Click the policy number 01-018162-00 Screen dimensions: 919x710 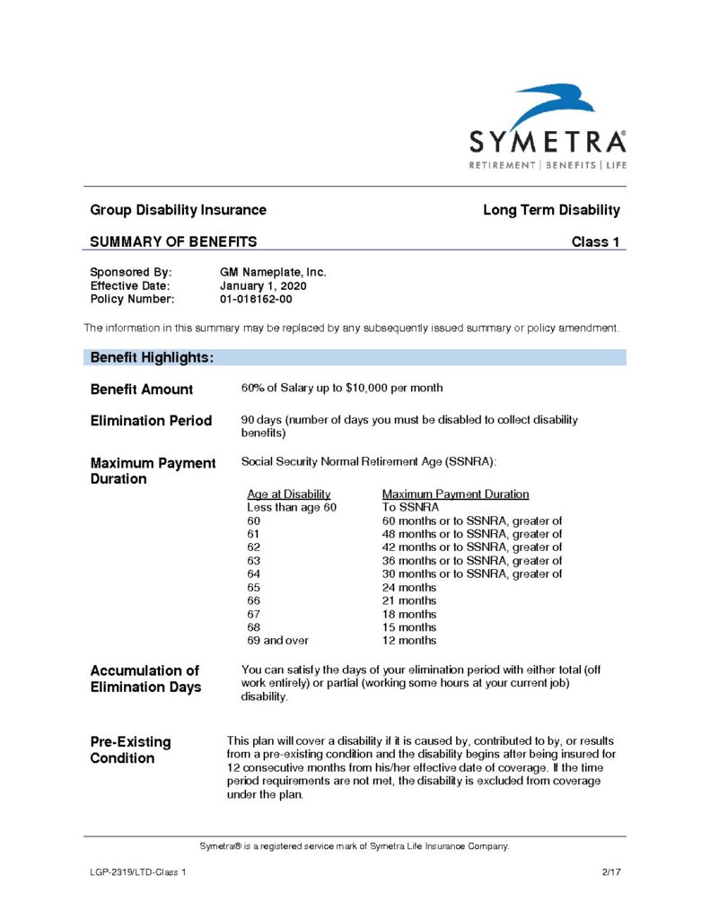(x=256, y=299)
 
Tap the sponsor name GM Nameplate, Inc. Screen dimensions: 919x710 (x=273, y=272)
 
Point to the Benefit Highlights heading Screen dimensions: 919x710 (x=152, y=357)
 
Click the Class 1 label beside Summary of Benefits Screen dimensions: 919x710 (x=595, y=241)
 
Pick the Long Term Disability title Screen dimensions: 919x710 (x=551, y=210)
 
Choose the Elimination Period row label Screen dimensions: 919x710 (x=151, y=420)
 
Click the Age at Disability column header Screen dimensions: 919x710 (x=289, y=494)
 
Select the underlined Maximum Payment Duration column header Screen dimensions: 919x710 (x=455, y=494)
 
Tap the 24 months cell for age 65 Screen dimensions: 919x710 (x=409, y=587)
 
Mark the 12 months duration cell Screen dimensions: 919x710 (x=409, y=641)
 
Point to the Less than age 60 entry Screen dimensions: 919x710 (x=292, y=507)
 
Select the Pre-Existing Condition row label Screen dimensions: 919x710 (x=130, y=750)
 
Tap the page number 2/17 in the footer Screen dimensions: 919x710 (x=611, y=871)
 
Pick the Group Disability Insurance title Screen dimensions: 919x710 (x=178, y=210)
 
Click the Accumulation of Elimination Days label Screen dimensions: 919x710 (x=145, y=678)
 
